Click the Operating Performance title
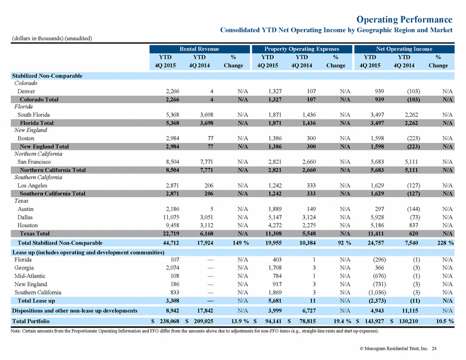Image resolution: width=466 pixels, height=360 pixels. (x=404, y=19)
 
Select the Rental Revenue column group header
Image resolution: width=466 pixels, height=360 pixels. (x=199, y=49)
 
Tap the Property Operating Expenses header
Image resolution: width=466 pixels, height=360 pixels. (x=302, y=49)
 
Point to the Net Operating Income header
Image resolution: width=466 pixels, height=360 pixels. (x=404, y=49)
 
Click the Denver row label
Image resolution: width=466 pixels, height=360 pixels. (x=26, y=91)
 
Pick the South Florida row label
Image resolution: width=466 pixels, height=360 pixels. (x=33, y=115)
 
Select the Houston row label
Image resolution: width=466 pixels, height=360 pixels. (x=28, y=225)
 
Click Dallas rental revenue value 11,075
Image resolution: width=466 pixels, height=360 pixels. (x=171, y=217)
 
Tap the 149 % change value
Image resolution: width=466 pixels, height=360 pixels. (x=241, y=243)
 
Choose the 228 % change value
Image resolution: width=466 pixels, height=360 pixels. (x=446, y=243)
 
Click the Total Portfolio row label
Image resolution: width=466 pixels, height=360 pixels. (x=31, y=321)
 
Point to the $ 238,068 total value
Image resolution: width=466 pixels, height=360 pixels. (x=165, y=321)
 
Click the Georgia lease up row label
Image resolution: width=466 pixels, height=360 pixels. (x=24, y=268)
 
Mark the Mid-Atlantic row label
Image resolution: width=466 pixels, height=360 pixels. (x=30, y=276)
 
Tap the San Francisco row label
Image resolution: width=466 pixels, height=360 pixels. (x=34, y=162)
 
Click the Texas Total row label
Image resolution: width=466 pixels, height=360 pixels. (x=35, y=234)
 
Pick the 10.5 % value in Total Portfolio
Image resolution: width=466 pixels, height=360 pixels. (x=444, y=321)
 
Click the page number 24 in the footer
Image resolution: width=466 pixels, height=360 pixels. (x=434, y=349)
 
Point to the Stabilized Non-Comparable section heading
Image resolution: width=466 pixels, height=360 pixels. (x=47, y=76)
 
